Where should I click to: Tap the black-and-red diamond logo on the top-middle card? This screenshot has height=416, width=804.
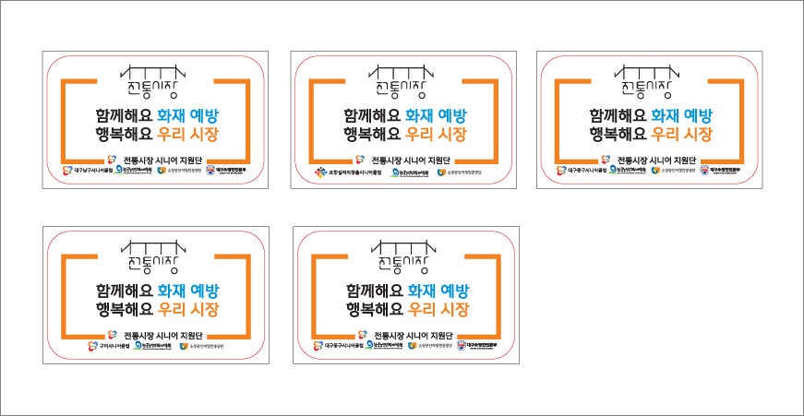click(320, 172)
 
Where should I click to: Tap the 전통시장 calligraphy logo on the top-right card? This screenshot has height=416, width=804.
click(649, 82)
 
